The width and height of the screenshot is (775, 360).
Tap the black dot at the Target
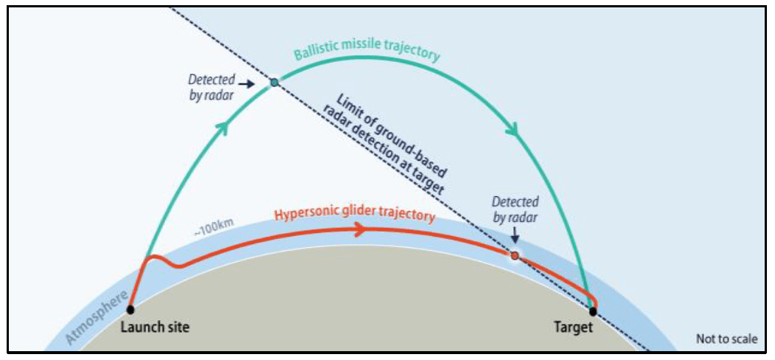click(x=593, y=311)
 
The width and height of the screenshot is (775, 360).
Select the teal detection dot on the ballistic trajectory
click(x=274, y=83)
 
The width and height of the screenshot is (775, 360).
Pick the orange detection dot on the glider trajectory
click(x=515, y=255)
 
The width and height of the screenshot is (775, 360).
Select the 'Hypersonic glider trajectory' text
click(x=353, y=215)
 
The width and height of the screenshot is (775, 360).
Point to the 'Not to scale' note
click(x=726, y=339)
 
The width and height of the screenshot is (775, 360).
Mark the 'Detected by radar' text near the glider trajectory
click(x=515, y=209)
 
